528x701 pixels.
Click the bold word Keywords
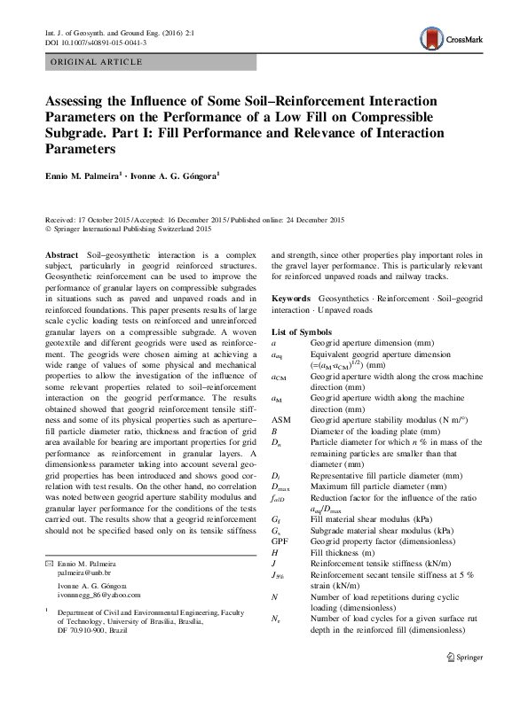click(291, 301)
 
